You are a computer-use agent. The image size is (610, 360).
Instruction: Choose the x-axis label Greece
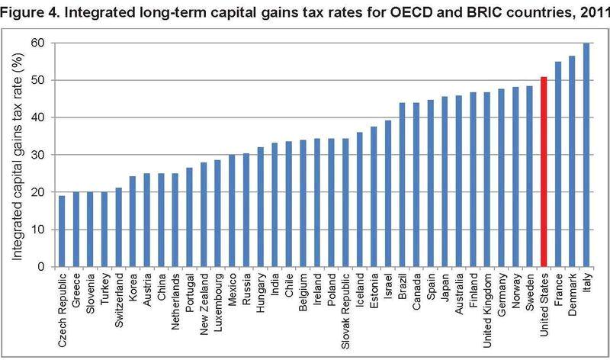pos(75,291)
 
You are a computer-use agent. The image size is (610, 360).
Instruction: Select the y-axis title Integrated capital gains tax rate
pos(16,153)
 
